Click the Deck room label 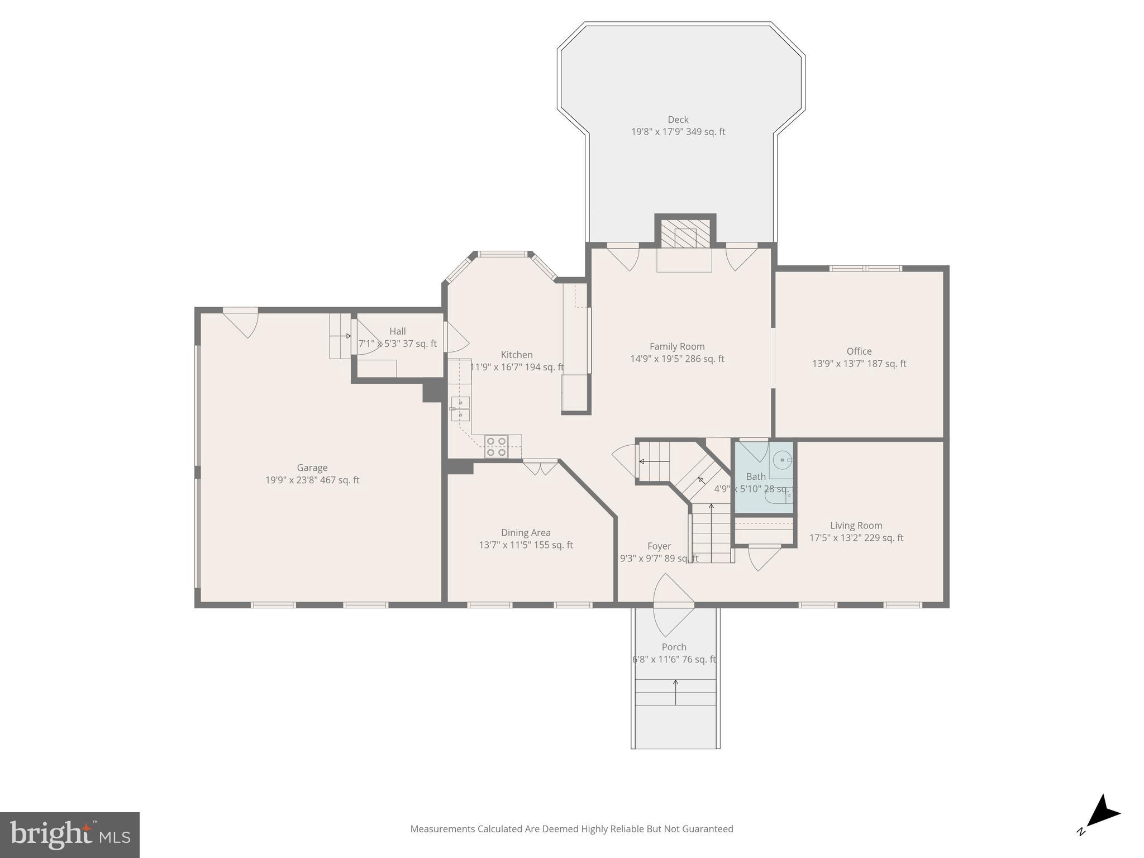tap(678, 120)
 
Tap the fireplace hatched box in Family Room tap(685, 233)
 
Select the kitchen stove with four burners tap(495, 446)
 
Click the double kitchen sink tap(460, 408)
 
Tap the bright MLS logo tap(69, 835)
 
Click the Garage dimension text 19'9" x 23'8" tap(312, 480)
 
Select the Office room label tap(859, 351)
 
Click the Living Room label tap(856, 526)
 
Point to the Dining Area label tap(526, 533)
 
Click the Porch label tap(674, 647)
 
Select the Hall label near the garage tap(397, 331)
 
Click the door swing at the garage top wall tap(242, 322)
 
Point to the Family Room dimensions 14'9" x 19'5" tap(677, 359)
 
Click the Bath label tap(755, 476)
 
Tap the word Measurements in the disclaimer tap(442, 829)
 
